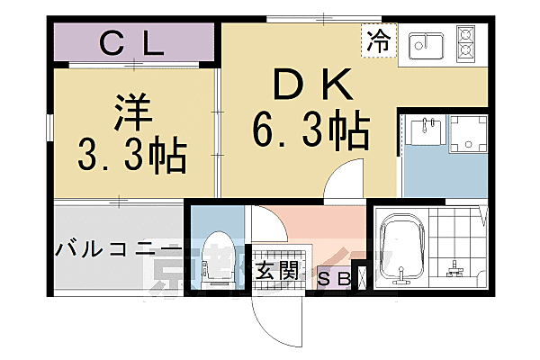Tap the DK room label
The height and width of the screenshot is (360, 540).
pos(308,85)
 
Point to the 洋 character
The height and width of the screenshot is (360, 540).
pos(132,114)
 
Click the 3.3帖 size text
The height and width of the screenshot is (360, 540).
pos(132,157)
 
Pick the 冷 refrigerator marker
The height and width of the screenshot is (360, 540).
pos(379,40)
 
